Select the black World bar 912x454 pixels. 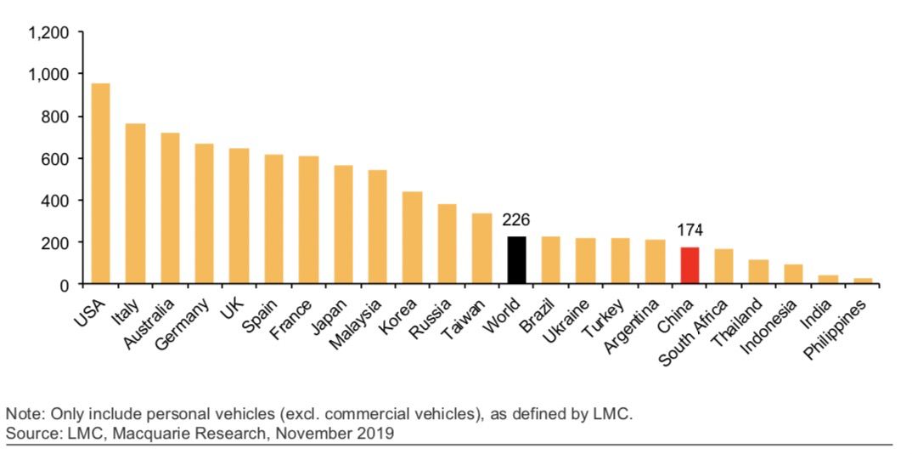click(x=516, y=260)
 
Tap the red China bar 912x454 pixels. click(x=690, y=265)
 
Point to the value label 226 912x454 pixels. click(x=516, y=220)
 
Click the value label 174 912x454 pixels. click(x=690, y=230)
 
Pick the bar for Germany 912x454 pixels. click(x=204, y=213)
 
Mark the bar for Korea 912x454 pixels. click(x=412, y=237)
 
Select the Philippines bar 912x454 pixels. click(x=863, y=281)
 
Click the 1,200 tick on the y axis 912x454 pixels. click(x=48, y=33)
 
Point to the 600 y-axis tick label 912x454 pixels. click(x=55, y=159)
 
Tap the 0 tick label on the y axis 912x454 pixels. click(x=64, y=285)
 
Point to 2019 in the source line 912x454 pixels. click(x=376, y=434)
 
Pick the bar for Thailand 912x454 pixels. click(x=758, y=271)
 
